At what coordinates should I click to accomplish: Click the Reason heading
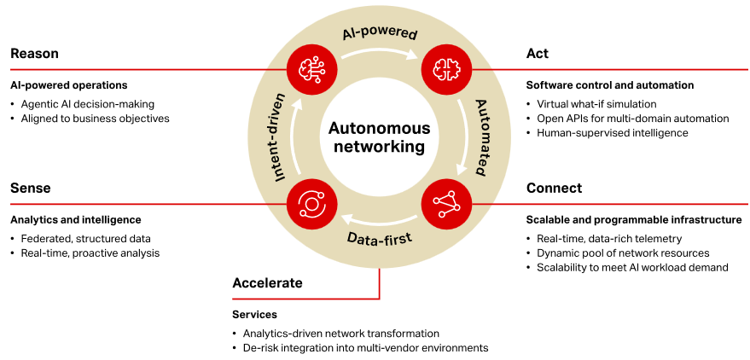point(34,54)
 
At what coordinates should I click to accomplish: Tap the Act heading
point(538,54)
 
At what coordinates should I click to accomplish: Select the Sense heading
point(31,188)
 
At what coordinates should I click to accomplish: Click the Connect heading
point(554,188)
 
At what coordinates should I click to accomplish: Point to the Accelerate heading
point(267,282)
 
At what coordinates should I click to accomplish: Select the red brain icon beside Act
point(446,69)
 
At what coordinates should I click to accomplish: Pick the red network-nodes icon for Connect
point(446,203)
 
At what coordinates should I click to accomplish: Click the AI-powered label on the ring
point(379,33)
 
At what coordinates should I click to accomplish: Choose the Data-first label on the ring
point(379,237)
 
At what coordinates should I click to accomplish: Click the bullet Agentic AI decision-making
point(88,104)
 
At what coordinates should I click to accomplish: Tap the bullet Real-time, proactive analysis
point(90,253)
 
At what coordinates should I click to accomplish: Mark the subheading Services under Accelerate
point(254,315)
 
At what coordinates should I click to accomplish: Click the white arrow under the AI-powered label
point(379,53)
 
